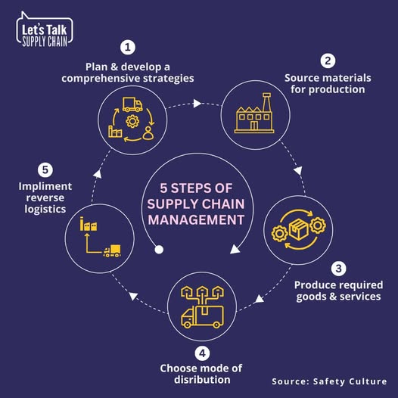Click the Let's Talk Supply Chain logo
click(x=45, y=30)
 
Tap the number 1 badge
click(x=128, y=47)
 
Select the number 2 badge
click(x=328, y=61)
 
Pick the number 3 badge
click(x=338, y=269)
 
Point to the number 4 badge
click(x=202, y=353)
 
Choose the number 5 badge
click(x=45, y=169)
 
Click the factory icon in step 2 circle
click(x=254, y=113)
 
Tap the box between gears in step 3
click(x=298, y=229)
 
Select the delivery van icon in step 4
click(x=203, y=317)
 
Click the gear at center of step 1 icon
click(x=132, y=121)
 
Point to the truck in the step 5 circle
click(x=112, y=251)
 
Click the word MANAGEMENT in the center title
click(x=196, y=220)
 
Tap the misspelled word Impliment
click(x=45, y=187)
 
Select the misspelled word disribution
click(x=202, y=380)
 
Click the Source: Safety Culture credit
click(x=329, y=381)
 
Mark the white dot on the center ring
click(x=159, y=250)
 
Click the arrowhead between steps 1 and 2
click(x=197, y=104)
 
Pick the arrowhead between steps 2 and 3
click(x=298, y=170)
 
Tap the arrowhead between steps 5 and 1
click(x=98, y=173)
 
